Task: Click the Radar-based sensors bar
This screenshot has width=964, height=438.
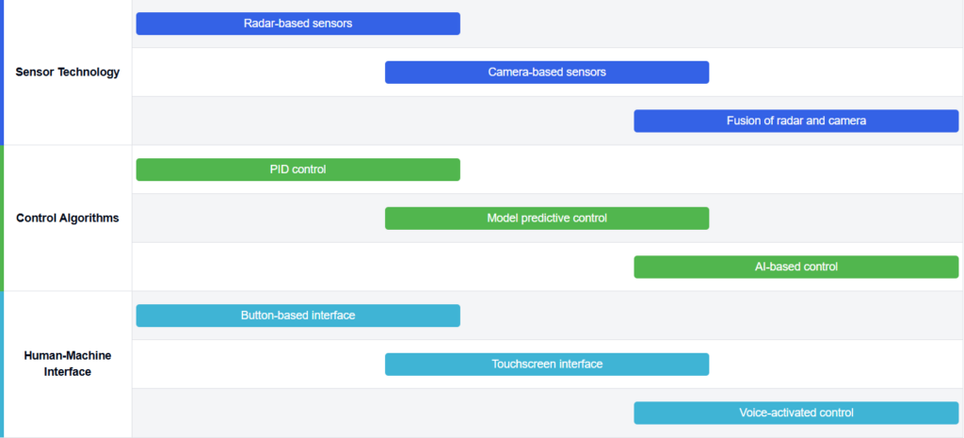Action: pyautogui.click(x=298, y=24)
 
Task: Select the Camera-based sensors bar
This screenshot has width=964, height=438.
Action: pyautogui.click(x=547, y=72)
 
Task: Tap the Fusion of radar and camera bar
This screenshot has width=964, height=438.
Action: pyautogui.click(x=796, y=121)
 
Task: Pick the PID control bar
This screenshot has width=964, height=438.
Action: pyautogui.click(x=298, y=170)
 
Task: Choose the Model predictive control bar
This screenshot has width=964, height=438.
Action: pyautogui.click(x=547, y=219)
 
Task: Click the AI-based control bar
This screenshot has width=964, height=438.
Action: pyautogui.click(x=796, y=267)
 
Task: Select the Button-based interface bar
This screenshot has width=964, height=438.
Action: pyautogui.click(x=298, y=316)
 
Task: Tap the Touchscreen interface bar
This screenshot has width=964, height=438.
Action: pyautogui.click(x=547, y=365)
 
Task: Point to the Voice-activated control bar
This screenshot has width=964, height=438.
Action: pyautogui.click(x=796, y=413)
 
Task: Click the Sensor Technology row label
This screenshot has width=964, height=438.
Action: pyautogui.click(x=68, y=72)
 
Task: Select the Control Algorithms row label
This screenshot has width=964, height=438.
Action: pyautogui.click(x=68, y=219)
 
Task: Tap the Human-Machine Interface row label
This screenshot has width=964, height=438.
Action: pyautogui.click(x=68, y=364)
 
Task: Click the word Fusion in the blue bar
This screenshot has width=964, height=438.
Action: pyautogui.click(x=743, y=121)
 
